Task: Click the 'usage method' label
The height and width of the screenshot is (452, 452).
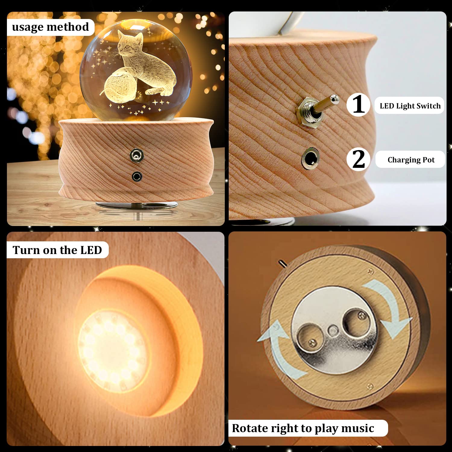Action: tap(50, 27)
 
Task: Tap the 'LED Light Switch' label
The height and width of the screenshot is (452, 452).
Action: tap(410, 106)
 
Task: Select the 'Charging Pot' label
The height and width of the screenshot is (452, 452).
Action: tap(411, 160)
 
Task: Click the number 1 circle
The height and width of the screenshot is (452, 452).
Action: tap(358, 105)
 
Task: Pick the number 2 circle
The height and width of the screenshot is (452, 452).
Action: tap(358, 159)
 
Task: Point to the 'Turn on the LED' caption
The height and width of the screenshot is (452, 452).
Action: tap(57, 250)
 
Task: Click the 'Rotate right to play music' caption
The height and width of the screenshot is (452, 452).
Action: tap(303, 428)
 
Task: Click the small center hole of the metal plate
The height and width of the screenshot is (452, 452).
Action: tap(333, 330)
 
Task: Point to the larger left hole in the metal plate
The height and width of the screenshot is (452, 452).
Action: tap(309, 337)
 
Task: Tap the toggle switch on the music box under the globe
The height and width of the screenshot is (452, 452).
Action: tap(137, 155)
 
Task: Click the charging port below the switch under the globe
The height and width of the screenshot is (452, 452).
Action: tap(137, 176)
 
